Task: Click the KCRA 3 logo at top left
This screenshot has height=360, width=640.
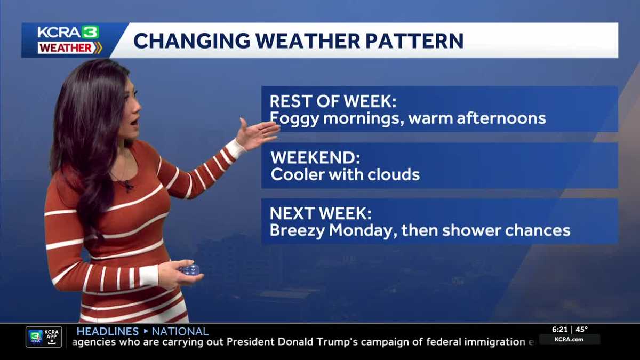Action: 68,32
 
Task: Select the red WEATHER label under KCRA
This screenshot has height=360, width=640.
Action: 65,48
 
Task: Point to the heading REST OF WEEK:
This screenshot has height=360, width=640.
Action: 333,101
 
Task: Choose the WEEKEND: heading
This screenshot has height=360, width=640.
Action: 315,158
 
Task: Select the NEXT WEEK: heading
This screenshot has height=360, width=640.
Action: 321,214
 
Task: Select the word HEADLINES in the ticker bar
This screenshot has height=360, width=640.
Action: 107,331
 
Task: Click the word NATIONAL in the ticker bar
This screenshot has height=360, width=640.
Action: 180,331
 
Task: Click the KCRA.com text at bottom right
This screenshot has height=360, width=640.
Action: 569,339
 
